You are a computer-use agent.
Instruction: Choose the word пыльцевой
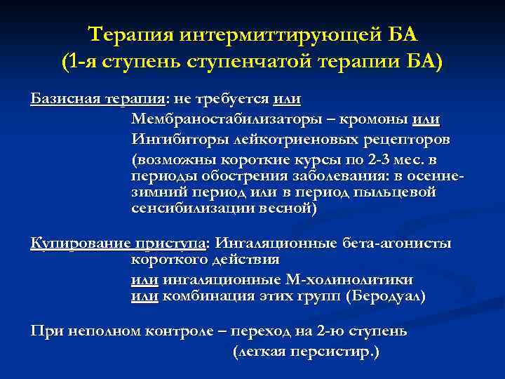(396, 192)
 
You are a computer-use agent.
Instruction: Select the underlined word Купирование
(80, 244)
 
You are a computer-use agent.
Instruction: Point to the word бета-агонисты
(398, 244)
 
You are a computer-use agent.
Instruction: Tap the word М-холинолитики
(358, 279)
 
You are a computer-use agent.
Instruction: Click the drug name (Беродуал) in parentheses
(386, 296)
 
